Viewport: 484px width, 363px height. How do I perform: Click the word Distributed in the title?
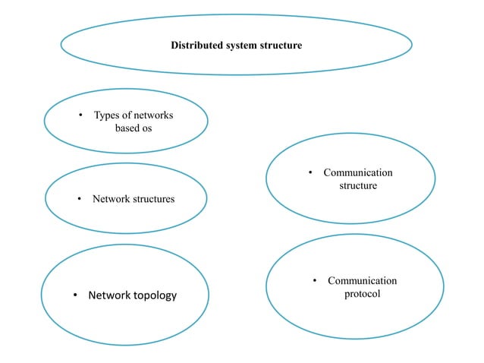coord(195,46)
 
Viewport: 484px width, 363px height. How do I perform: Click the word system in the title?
coord(240,46)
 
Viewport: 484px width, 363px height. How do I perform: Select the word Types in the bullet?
coord(107,115)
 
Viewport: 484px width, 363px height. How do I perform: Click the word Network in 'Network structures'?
coord(111,199)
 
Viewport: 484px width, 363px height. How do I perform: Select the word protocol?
coord(361,293)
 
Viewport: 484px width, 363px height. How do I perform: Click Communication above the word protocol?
coord(362,281)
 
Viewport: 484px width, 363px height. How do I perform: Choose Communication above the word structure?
coord(358,173)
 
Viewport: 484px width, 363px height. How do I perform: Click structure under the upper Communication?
coord(357,185)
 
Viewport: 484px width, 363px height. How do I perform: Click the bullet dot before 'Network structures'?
coord(80,200)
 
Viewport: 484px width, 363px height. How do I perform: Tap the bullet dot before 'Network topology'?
coord(76,295)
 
